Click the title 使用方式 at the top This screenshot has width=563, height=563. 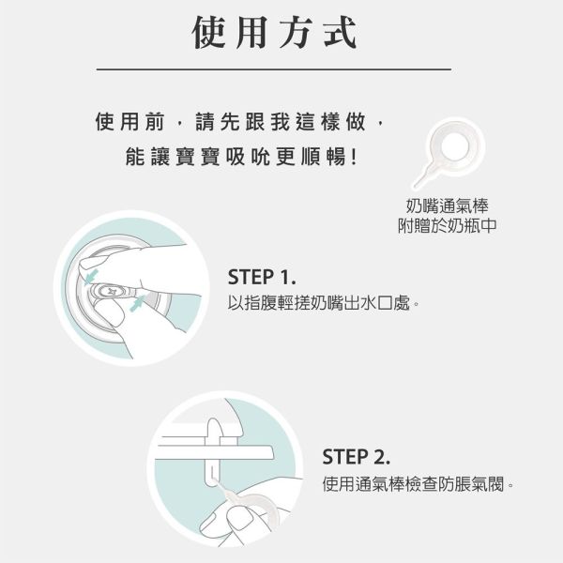click(274, 33)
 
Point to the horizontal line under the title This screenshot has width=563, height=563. click(274, 69)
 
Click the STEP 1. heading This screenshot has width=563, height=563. click(262, 279)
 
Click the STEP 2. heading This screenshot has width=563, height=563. click(356, 457)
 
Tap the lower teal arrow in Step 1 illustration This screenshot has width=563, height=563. click(138, 305)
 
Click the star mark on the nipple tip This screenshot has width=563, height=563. click(111, 292)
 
